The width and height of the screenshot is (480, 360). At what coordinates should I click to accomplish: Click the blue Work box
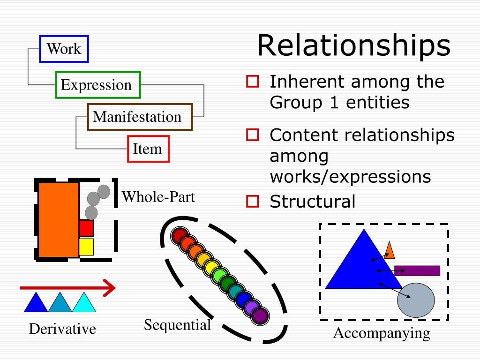tap(64, 49)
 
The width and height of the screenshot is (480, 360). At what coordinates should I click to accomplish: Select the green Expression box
tap(98, 85)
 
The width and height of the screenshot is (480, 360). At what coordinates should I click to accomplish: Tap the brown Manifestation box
tap(140, 117)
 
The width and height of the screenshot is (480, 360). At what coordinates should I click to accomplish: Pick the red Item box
tap(148, 149)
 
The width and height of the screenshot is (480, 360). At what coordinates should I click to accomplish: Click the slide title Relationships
tap(353, 46)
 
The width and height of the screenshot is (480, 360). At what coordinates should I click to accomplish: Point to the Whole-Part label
tap(158, 197)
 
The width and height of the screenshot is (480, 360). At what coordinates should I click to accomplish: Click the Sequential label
tap(177, 324)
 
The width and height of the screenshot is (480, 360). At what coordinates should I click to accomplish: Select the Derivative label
tap(62, 329)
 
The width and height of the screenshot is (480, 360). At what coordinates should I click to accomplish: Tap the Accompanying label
tap(382, 333)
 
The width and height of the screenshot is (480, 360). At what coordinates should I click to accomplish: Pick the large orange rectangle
tap(58, 220)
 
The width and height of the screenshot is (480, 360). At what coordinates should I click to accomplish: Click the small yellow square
tap(86, 247)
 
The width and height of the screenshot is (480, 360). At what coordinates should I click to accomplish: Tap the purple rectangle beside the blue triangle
tap(417, 270)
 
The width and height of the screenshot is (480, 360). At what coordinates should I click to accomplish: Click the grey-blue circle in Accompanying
tap(416, 300)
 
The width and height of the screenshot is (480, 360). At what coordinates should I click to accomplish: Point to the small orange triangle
tap(389, 251)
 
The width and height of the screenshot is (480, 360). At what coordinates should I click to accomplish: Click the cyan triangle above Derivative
tap(84, 304)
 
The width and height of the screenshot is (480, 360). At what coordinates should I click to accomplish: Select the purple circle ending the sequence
tap(260, 315)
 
